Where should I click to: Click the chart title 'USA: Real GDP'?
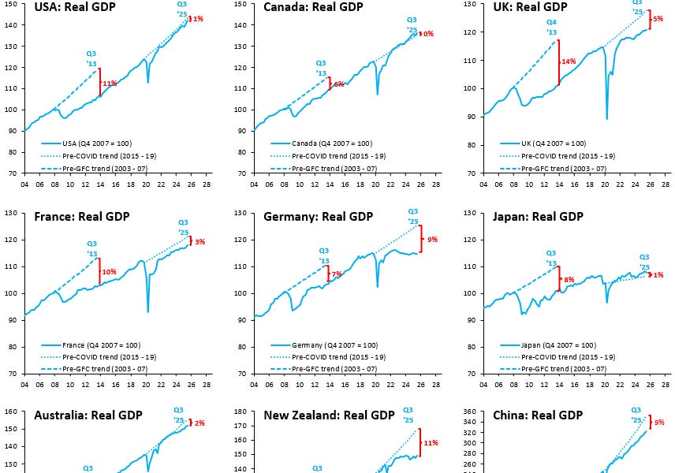click(x=74, y=7)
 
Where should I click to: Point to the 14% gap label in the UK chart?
click(x=569, y=61)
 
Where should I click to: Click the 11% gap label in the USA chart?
click(x=110, y=83)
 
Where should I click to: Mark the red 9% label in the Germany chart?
click(x=432, y=239)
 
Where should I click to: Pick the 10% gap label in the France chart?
click(x=109, y=272)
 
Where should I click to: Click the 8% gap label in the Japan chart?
click(x=569, y=279)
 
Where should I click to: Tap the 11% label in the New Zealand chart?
click(x=431, y=443)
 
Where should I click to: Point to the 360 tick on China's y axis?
click(x=471, y=412)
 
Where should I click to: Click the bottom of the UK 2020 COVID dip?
click(x=606, y=118)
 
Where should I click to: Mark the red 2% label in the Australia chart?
click(x=199, y=423)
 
